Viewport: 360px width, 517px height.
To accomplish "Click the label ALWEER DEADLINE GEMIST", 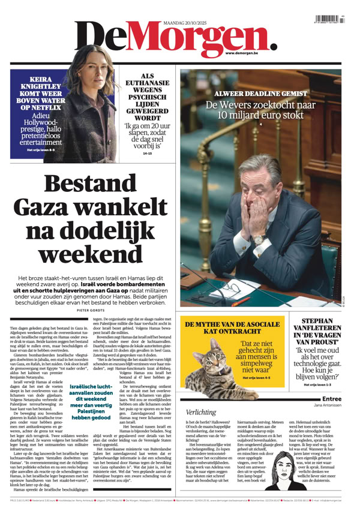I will (x=260, y=94).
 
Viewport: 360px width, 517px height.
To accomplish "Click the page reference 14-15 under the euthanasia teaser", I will (x=148, y=154).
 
